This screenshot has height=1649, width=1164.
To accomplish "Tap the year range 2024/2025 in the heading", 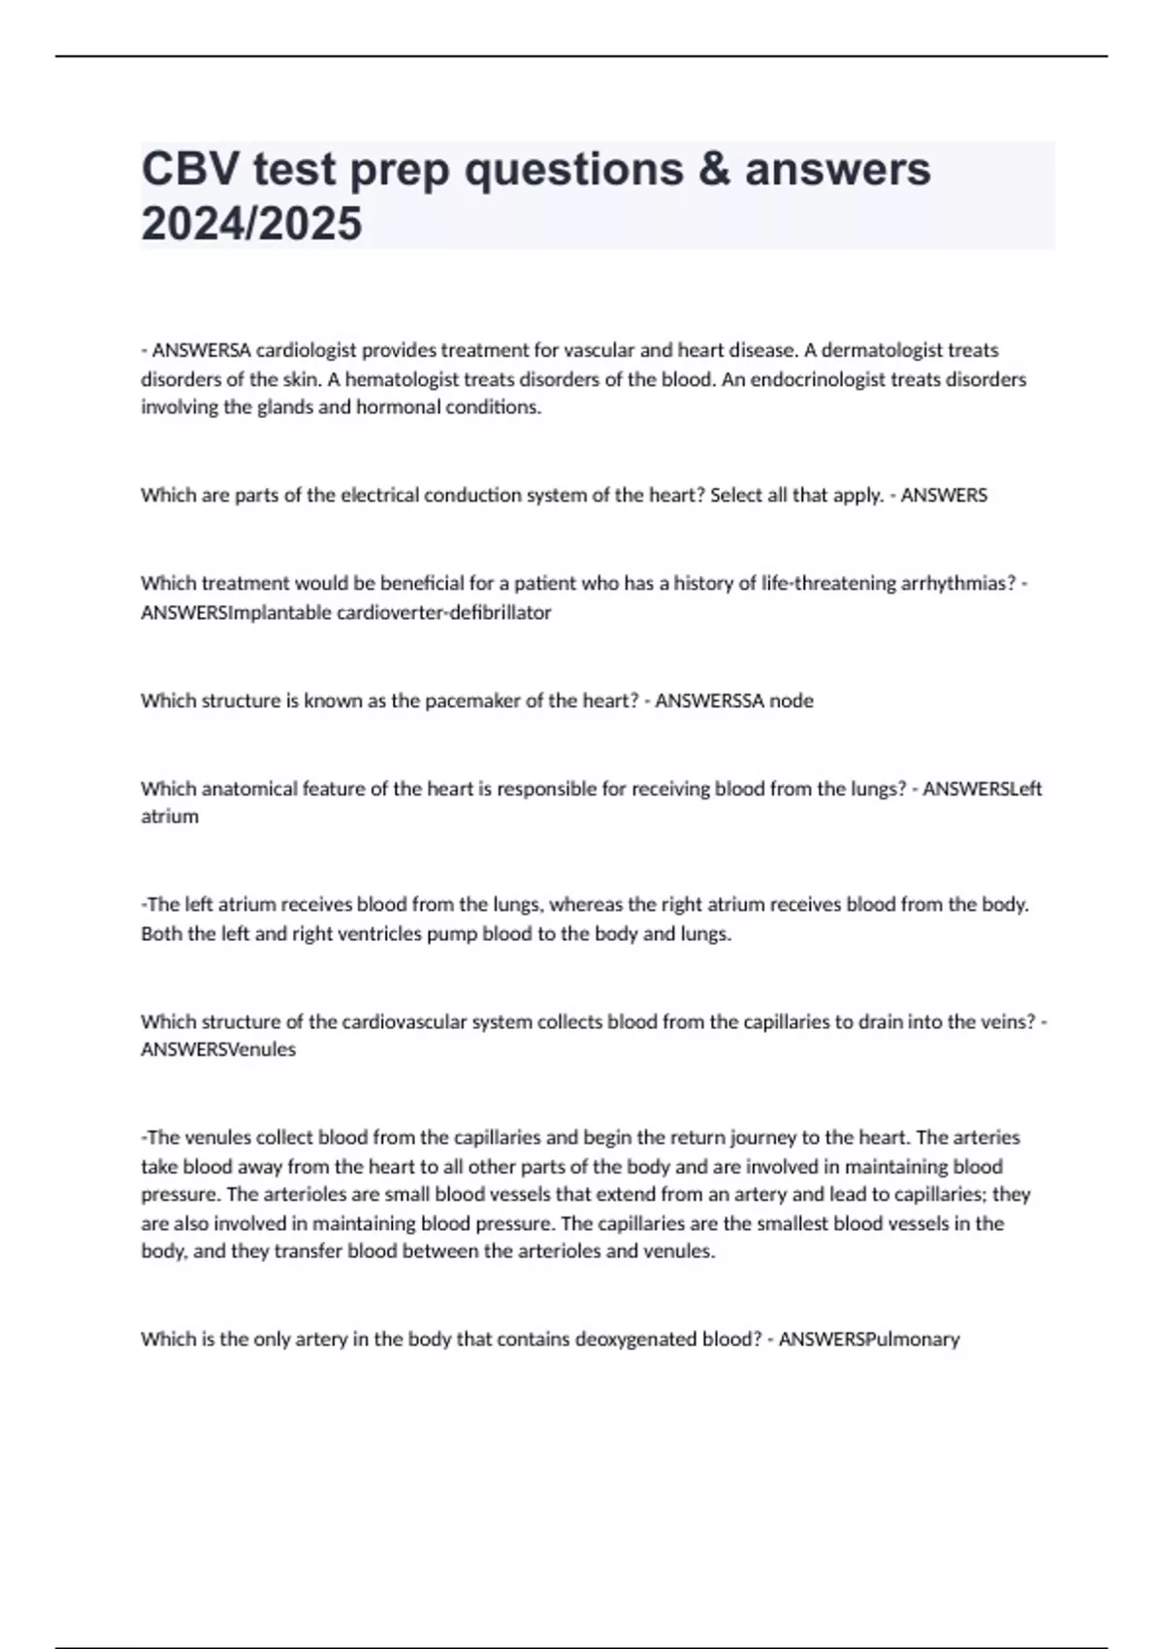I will point(251,223).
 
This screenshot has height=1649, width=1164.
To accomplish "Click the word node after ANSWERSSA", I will point(791,700).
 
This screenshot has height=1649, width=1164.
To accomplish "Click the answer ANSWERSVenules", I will point(218,1050).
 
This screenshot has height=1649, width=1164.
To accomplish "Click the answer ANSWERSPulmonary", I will point(869,1340).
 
